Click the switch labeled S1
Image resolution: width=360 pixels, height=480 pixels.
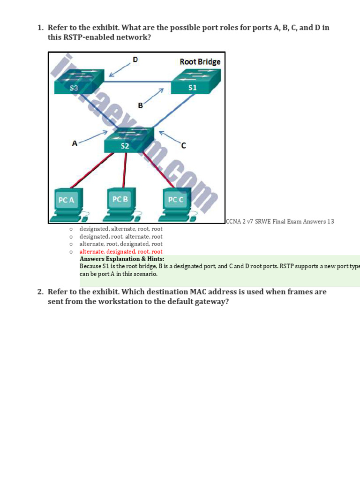192,82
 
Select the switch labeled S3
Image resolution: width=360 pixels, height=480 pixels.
77,82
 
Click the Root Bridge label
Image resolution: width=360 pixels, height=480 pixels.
200,61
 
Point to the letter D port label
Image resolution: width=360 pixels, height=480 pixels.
135,60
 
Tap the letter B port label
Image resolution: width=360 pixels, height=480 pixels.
140,106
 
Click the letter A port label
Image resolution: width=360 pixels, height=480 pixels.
74,143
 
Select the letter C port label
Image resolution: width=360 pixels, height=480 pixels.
183,146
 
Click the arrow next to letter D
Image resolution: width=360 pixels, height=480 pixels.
120,69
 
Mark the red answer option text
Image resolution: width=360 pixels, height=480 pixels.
121,252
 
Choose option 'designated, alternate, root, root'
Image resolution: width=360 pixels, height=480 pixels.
121,229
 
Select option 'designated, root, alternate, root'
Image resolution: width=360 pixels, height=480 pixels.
121,237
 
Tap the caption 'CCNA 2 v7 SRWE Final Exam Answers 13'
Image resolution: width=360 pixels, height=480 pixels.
280,222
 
